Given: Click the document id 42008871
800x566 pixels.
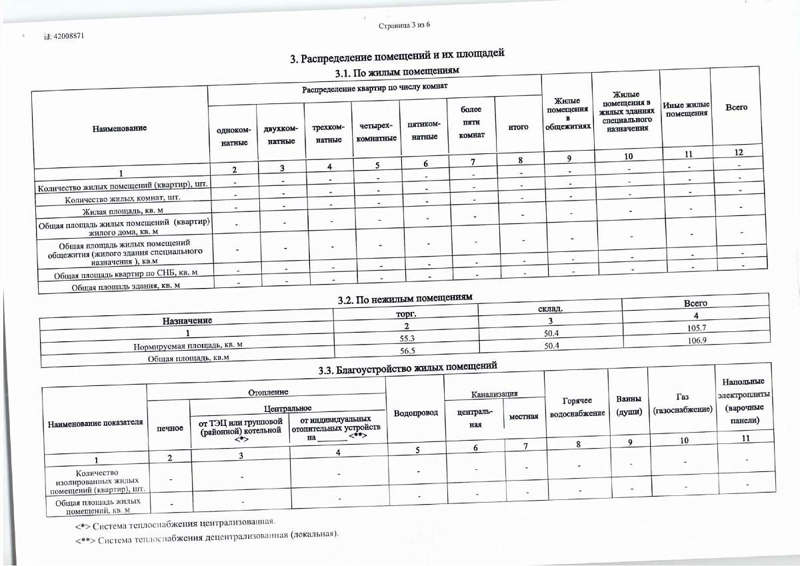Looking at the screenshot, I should (x=63, y=36).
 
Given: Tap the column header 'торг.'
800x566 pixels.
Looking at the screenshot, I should (x=406, y=313).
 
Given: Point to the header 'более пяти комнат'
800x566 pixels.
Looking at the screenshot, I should (x=471, y=121).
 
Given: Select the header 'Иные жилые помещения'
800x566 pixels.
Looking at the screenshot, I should (x=686, y=109).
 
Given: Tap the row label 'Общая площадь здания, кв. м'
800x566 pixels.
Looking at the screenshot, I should (x=127, y=287).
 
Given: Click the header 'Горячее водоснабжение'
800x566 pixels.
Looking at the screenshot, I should (x=577, y=407).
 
